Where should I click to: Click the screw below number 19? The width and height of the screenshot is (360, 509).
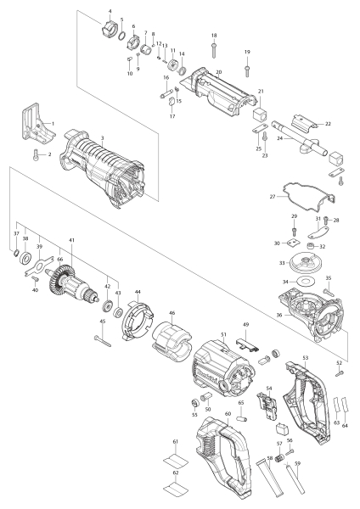click(x=247, y=67)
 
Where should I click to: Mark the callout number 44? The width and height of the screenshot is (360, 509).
click(x=138, y=291)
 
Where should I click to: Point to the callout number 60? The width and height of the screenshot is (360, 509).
click(x=228, y=415)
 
